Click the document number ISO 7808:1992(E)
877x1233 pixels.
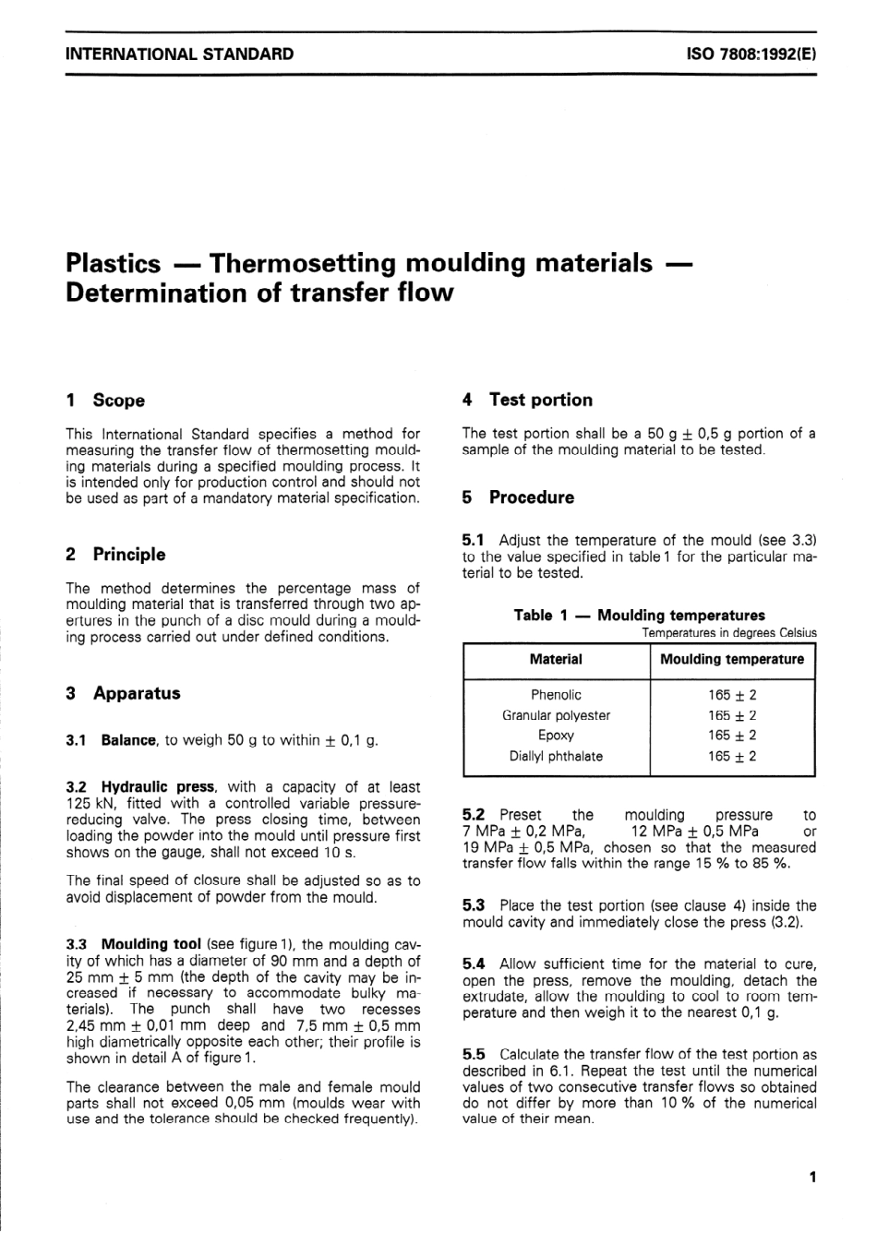point(751,54)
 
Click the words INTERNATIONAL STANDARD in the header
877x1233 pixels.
point(180,54)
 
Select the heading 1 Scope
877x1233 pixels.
point(106,401)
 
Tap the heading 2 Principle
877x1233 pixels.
point(116,555)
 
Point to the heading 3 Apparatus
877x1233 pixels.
point(124,694)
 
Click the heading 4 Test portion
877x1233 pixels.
point(528,400)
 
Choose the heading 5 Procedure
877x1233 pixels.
point(519,497)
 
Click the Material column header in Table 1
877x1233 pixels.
point(556,660)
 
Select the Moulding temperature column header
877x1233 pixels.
point(732,660)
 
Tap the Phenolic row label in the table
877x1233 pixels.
point(556,695)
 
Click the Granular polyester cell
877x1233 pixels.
point(556,715)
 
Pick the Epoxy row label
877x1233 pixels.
point(556,736)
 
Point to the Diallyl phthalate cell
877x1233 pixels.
point(556,756)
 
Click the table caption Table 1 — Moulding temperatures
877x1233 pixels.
point(639,616)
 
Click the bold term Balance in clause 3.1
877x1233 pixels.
point(129,740)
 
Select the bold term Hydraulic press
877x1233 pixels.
point(158,787)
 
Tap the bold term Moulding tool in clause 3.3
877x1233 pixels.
point(151,944)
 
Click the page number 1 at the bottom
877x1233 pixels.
point(811,1177)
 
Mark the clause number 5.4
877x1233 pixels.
point(474,964)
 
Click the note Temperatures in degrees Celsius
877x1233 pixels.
point(728,633)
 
